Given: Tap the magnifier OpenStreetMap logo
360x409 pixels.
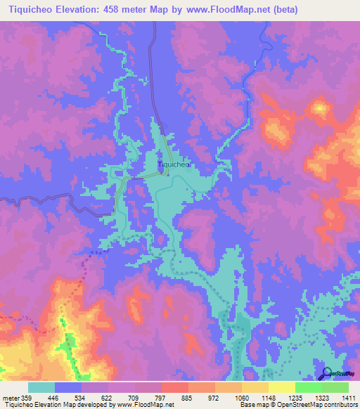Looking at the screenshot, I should (327, 374).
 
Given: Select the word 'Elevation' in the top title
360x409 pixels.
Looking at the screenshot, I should (89, 10).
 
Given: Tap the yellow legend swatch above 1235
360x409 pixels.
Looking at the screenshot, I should (281, 387).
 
